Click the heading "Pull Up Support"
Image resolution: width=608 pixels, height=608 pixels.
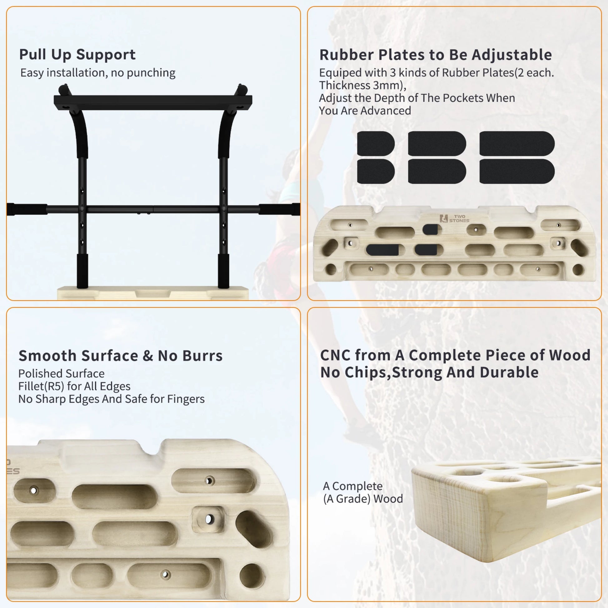point(77,55)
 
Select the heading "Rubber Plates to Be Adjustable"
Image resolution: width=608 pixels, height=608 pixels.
point(436,55)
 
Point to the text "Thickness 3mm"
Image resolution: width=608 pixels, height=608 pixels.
point(362,85)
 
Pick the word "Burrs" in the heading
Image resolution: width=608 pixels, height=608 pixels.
point(202,356)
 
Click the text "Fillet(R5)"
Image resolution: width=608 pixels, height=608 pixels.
point(41,386)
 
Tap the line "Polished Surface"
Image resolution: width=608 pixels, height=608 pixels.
point(61,374)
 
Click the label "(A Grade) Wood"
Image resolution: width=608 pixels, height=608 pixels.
point(363,499)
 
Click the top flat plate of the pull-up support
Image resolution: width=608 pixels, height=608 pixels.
point(153,102)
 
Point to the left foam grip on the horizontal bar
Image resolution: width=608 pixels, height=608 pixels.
point(27,209)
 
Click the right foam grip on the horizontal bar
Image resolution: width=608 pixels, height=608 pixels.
point(279,209)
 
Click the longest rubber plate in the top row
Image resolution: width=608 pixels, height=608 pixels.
point(517,143)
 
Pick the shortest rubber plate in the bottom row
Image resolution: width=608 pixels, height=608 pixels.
point(376,172)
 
